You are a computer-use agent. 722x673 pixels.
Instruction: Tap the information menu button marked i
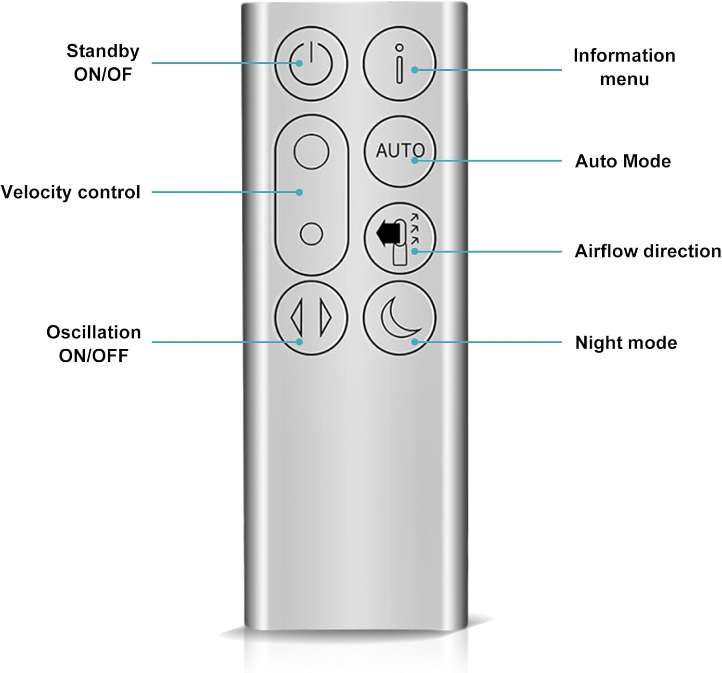399,63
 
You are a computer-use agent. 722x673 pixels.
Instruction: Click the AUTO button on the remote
399,151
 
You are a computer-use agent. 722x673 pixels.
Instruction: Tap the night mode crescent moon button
399,317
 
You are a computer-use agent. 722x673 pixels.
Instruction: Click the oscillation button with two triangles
311,317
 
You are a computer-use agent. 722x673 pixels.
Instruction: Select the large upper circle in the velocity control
311,151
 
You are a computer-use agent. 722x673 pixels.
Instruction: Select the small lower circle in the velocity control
311,234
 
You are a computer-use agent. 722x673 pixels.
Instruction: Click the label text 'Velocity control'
71,192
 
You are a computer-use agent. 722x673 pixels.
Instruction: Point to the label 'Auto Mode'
623,161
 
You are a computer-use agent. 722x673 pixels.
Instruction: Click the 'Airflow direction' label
648,251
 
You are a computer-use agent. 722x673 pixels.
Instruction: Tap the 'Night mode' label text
626,343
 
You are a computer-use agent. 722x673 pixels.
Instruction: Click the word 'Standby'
103,51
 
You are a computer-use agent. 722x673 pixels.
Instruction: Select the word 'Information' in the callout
624,55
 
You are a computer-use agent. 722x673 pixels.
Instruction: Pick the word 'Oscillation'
93,332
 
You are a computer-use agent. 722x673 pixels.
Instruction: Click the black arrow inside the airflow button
387,234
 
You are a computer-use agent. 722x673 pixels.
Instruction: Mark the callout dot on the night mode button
414,342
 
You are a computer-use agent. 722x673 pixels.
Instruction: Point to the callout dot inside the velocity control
299,192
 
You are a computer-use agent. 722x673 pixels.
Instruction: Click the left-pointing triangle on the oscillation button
297,317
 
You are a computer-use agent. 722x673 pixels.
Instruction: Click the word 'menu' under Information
624,79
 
